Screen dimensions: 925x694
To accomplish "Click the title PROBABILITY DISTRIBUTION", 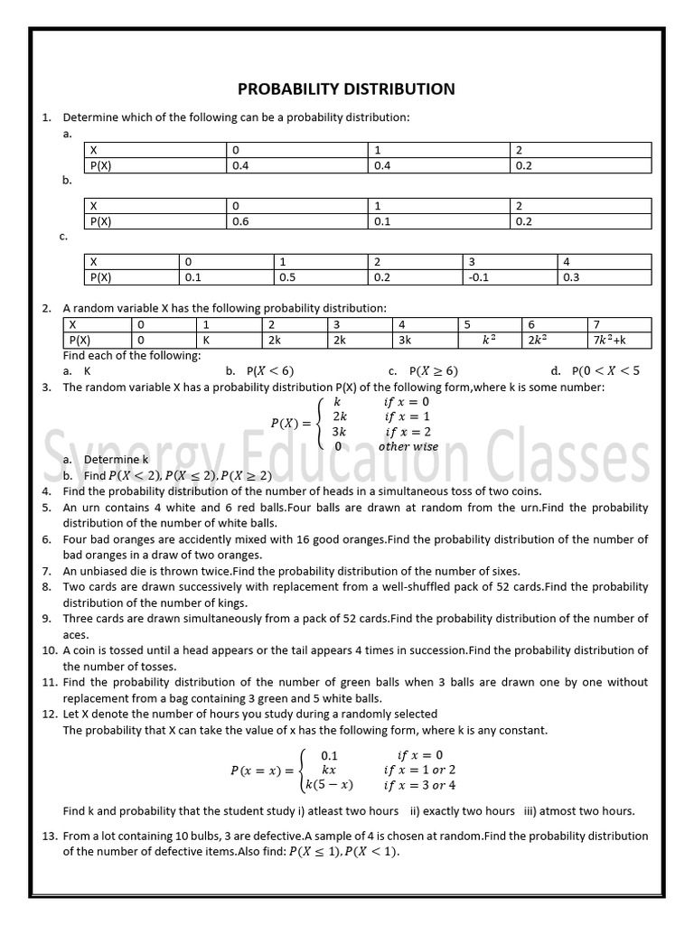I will pyautogui.click(x=346, y=89).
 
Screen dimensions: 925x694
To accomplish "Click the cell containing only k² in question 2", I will pyautogui.click(x=489, y=341).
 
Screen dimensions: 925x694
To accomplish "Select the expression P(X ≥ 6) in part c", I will pyautogui.click(x=434, y=370).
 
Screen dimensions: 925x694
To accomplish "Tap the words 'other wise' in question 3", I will pyautogui.click(x=408, y=446).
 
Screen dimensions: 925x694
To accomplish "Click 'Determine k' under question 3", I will pyautogui.click(x=117, y=460).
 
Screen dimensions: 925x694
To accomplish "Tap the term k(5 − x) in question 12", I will pyautogui.click(x=329, y=784).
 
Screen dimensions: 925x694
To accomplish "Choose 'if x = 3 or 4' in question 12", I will pyautogui.click(x=420, y=784).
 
